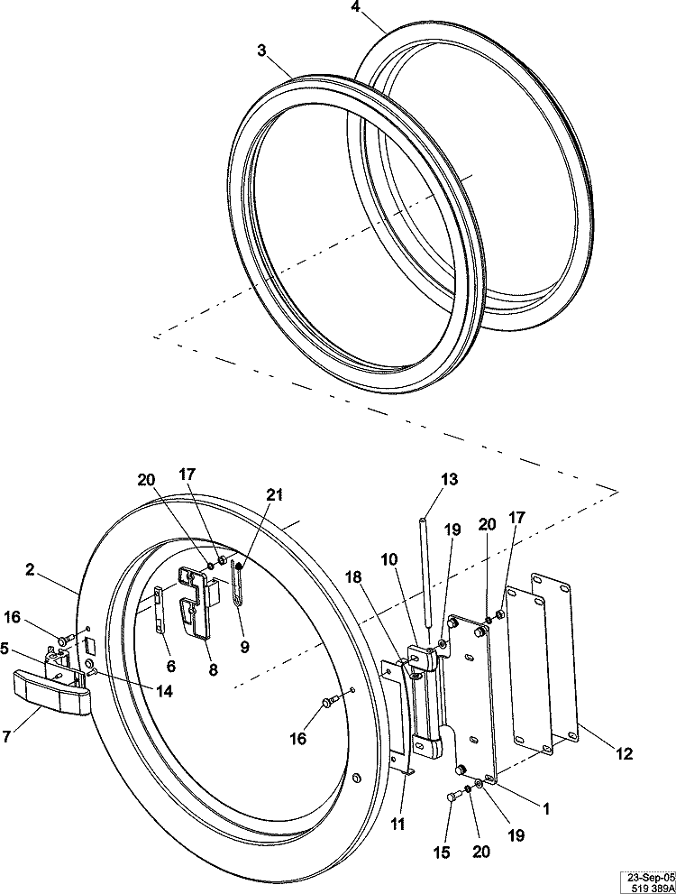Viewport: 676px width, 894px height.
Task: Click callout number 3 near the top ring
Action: [x=261, y=51]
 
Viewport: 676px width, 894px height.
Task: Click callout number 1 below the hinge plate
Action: [x=544, y=809]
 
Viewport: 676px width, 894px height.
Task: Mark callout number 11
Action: [x=397, y=824]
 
